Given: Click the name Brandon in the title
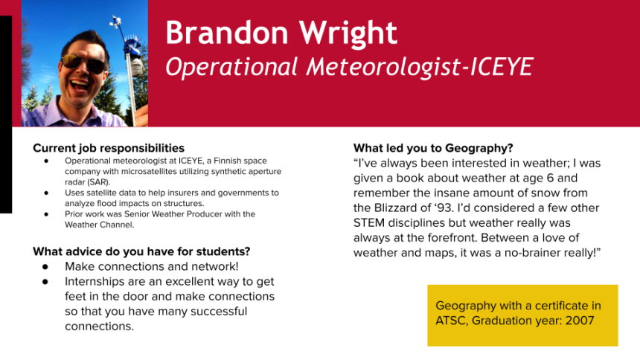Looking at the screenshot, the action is click(227, 33).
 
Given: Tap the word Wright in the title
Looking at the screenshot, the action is click(348, 33).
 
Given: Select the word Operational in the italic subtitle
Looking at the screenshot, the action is click(231, 66).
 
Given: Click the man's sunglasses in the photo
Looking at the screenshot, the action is click(83, 63).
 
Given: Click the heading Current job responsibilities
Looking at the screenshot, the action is click(109, 148).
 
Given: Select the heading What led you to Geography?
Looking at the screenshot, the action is click(433, 148).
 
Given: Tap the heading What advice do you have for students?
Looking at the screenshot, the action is click(141, 251).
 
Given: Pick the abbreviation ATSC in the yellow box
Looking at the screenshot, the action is click(451, 321).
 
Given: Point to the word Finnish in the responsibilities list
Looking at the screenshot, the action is click(228, 161).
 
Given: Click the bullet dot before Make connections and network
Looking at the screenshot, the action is click(45, 267).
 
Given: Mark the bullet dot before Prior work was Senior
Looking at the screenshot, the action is click(47, 214).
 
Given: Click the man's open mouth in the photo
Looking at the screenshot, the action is click(79, 86).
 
